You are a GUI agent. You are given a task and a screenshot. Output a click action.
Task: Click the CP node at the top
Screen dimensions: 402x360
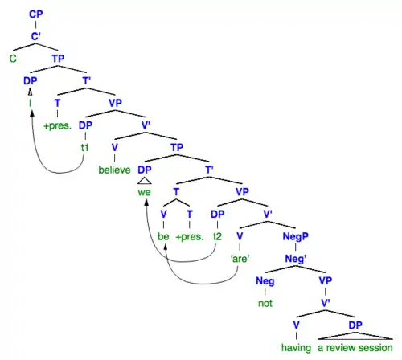[35, 14]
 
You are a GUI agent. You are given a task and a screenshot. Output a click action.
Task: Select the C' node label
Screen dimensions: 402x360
[35, 36]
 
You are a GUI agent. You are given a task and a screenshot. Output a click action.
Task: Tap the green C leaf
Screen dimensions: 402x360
[13, 59]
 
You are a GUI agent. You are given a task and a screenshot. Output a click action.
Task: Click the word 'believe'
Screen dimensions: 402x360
[114, 170]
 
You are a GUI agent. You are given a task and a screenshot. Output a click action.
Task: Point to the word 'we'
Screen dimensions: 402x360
[144, 192]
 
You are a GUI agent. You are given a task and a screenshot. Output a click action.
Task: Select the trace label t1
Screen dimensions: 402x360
[84, 148]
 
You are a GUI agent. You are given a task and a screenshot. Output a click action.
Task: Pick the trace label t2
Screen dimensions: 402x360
[217, 236]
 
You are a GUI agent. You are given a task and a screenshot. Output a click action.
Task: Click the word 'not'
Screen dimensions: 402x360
[265, 303]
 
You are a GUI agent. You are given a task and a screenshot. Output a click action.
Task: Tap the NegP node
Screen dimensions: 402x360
[295, 236]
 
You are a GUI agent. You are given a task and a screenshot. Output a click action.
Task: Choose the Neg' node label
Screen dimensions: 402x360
[295, 259]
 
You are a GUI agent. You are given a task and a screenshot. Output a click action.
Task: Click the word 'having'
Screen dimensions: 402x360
[296, 348]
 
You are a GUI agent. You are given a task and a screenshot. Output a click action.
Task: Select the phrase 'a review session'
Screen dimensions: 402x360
[355, 348]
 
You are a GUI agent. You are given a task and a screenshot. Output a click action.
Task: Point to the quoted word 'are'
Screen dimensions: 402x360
[240, 259]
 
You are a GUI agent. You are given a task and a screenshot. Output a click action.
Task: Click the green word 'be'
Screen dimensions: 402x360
[163, 236]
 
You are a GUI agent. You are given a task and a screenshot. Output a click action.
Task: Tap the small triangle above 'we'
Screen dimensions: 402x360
[144, 181]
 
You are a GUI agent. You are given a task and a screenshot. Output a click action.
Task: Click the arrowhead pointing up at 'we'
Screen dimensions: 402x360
[146, 202]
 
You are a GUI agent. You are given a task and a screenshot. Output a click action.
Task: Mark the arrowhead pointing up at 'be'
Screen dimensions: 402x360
[166, 247]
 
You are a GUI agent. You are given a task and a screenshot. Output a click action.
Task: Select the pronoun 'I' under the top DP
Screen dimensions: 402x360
[31, 103]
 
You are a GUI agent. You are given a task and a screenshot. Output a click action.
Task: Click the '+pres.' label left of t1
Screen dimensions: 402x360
[57, 125]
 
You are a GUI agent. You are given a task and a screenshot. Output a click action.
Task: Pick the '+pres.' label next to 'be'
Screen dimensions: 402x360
[190, 237]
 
